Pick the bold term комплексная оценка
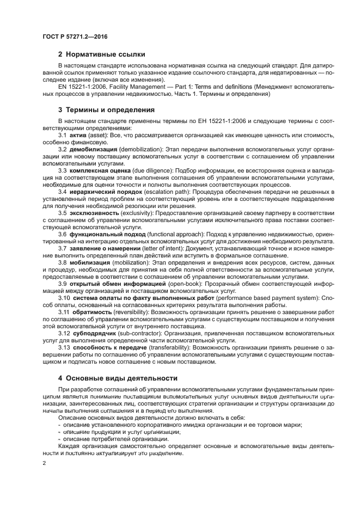(x=100, y=170)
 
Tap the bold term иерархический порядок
(x=102, y=192)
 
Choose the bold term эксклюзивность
(x=94, y=213)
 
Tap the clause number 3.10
(x=64, y=298)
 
